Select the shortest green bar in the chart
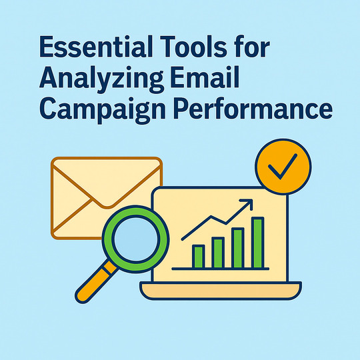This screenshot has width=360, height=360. point(198,257)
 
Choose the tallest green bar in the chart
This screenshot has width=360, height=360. point(257,243)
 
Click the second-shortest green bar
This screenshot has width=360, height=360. point(218,252)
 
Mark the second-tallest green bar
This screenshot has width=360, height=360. point(238,247)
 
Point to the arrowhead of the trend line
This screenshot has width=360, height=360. point(249,203)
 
